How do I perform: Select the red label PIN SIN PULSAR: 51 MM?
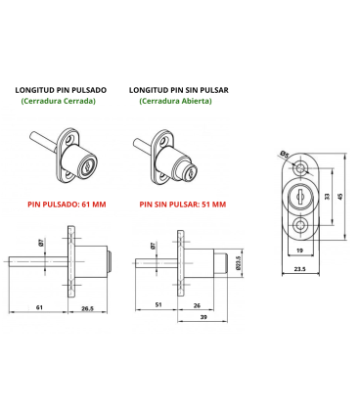182,205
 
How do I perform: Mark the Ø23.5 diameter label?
238,262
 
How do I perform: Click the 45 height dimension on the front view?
341,194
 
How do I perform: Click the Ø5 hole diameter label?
282,154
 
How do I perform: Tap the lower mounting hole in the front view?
299,224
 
